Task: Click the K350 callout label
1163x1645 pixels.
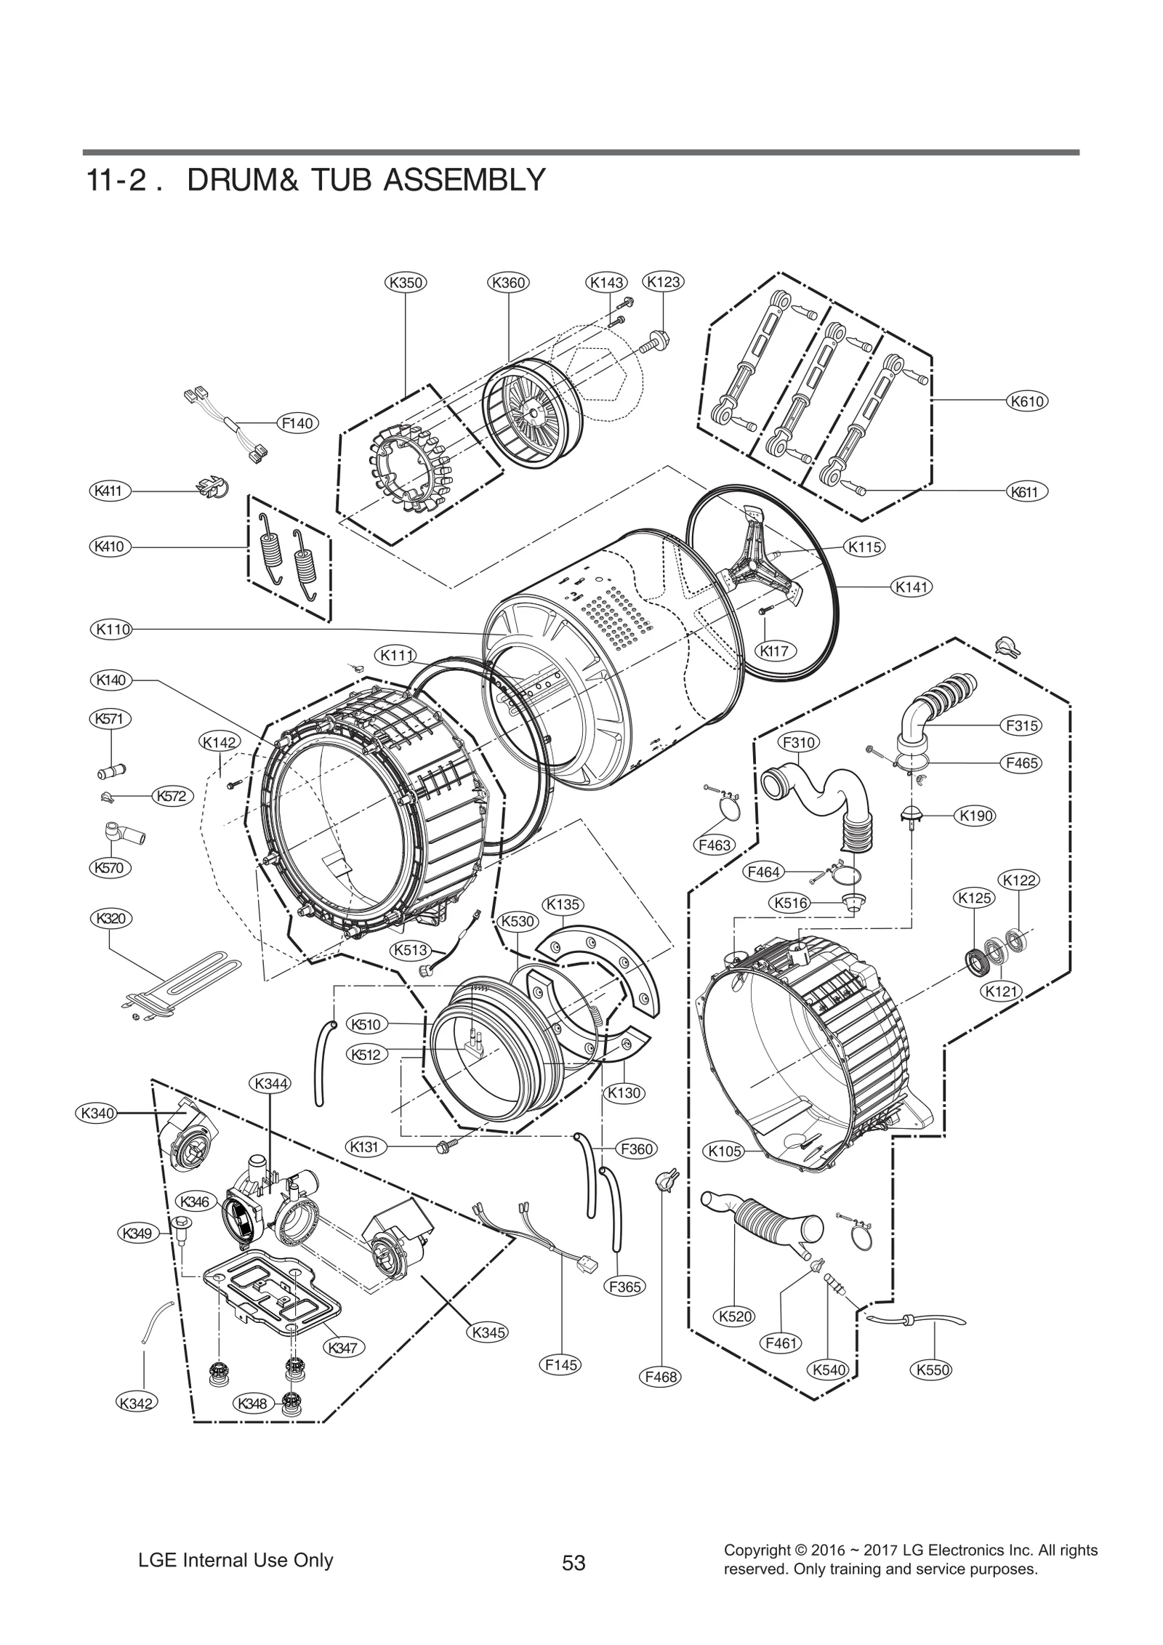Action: (x=405, y=282)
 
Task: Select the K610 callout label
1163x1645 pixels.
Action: (x=1027, y=401)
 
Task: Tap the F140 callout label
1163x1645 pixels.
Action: (x=297, y=422)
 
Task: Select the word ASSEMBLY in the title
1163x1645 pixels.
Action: (x=464, y=180)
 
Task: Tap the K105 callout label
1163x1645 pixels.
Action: (x=725, y=1151)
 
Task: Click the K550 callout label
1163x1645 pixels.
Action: (x=930, y=1370)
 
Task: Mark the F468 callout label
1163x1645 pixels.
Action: (x=660, y=1376)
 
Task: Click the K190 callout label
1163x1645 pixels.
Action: (x=975, y=816)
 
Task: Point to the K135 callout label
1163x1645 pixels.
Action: (x=563, y=904)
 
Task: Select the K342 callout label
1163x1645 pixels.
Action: (x=137, y=1402)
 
